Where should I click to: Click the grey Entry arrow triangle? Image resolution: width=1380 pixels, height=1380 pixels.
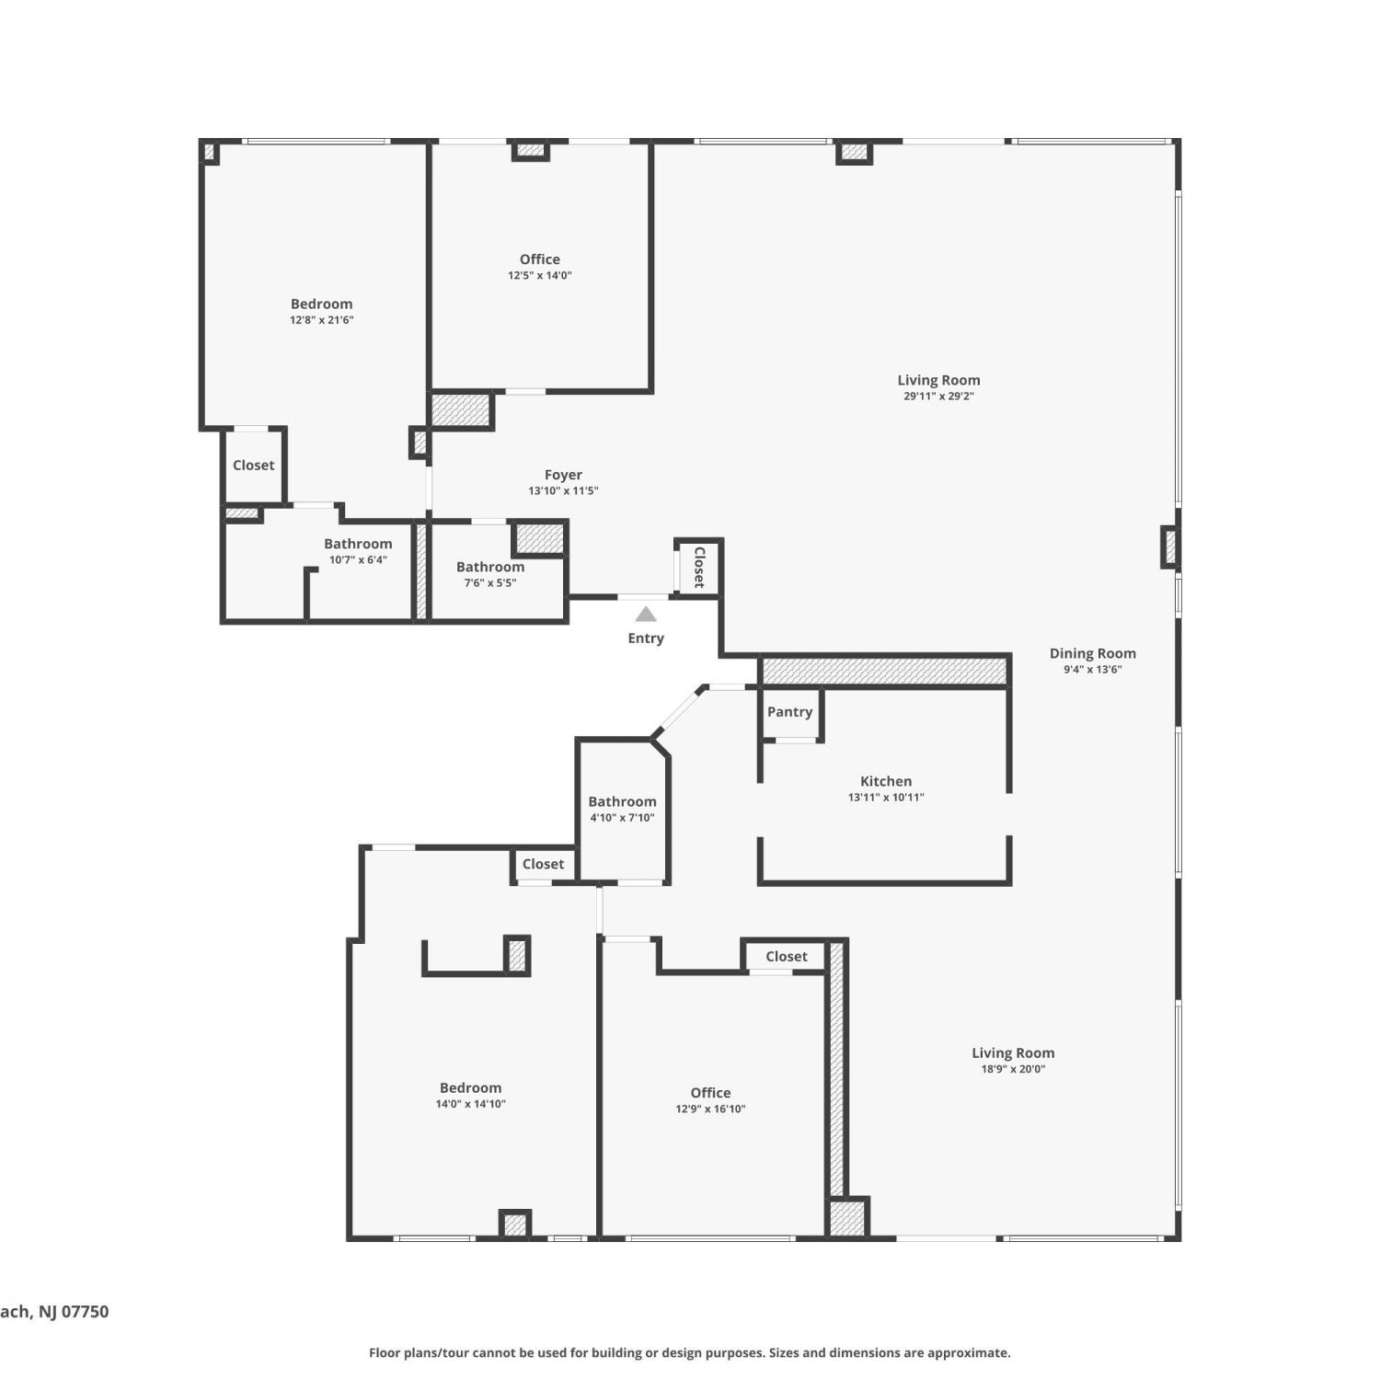(x=646, y=614)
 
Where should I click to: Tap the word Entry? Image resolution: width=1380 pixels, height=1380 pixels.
(x=646, y=638)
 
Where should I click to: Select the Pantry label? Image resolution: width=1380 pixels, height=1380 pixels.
(x=789, y=712)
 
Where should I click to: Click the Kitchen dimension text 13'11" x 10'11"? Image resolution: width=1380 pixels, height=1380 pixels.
(x=886, y=798)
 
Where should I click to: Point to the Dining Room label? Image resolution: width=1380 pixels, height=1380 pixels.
(x=1093, y=653)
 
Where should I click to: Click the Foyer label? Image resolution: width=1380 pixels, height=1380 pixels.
(x=563, y=475)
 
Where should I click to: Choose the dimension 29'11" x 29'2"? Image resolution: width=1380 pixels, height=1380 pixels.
(x=938, y=397)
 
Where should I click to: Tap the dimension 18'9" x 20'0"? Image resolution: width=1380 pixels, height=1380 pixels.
(x=1013, y=1069)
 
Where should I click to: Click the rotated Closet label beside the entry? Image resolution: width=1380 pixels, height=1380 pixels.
(x=699, y=567)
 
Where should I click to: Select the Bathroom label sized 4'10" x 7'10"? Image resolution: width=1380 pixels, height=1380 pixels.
(x=622, y=801)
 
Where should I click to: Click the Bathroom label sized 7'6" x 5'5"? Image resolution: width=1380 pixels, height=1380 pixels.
(x=490, y=567)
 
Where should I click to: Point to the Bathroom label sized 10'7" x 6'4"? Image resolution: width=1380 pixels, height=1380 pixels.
(x=358, y=544)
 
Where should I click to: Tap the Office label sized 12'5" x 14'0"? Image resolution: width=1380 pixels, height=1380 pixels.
(x=540, y=259)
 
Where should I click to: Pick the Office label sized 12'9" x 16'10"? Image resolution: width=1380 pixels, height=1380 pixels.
(x=710, y=1093)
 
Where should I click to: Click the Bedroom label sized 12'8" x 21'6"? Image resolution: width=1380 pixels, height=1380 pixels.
(x=321, y=305)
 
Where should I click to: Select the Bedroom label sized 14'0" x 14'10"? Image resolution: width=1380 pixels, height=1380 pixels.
(x=470, y=1088)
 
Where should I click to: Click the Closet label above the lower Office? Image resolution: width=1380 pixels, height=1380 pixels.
(x=787, y=957)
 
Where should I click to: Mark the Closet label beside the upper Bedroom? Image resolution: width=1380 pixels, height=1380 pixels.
(x=253, y=466)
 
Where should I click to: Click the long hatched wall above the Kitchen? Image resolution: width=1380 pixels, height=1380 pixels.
(x=885, y=671)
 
